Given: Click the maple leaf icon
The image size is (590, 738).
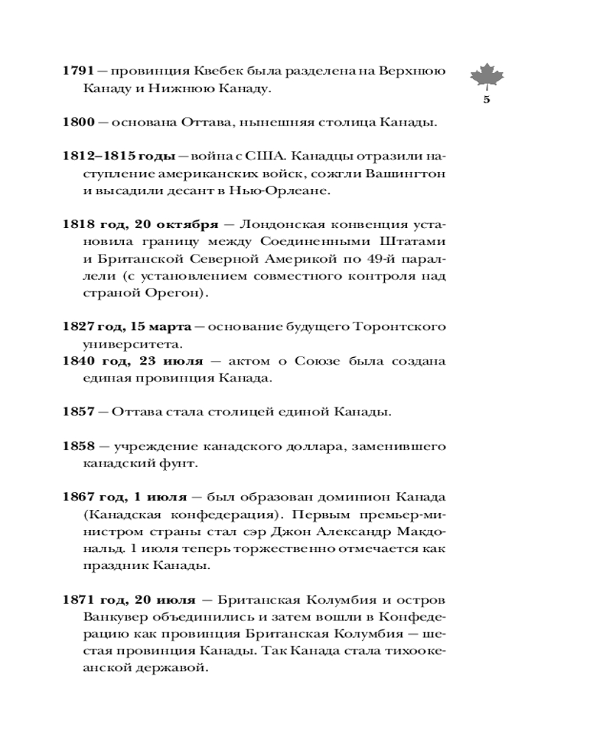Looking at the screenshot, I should click(486, 77).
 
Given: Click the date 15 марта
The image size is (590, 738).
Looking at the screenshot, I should click(157, 325).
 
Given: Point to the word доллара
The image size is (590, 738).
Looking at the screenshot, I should click(314, 446).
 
